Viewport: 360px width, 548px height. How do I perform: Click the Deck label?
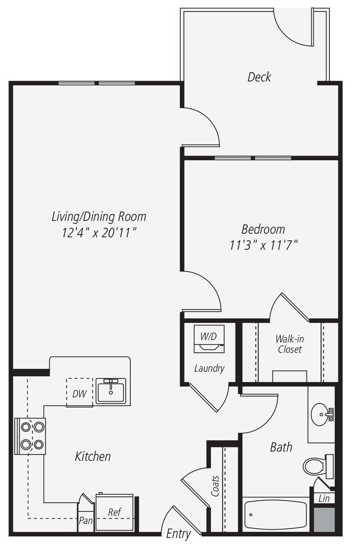tap(259, 77)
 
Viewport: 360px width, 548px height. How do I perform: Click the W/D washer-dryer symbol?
tap(209, 339)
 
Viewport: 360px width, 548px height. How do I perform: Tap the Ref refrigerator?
tap(115, 512)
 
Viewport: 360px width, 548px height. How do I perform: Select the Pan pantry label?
tap(86, 520)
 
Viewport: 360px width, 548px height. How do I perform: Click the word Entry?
tap(178, 534)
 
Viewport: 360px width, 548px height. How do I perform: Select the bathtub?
tap(276, 514)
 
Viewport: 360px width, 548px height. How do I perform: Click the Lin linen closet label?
tap(324, 498)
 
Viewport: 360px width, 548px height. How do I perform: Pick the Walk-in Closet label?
tap(290, 344)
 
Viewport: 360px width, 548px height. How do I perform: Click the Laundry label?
tap(209, 368)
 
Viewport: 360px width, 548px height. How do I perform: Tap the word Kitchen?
tap(93, 456)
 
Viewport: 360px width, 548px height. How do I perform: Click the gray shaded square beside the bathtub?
tap(324, 519)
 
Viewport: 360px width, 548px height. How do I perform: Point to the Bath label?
tap(281, 447)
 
